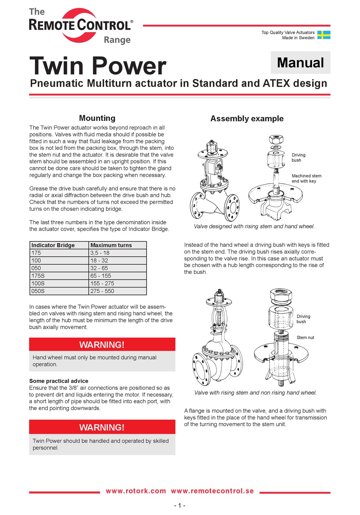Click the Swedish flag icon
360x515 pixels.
[x=324, y=35]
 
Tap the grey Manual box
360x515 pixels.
[x=301, y=63]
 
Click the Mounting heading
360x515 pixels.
[x=97, y=118]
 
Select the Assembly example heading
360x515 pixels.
[x=247, y=118]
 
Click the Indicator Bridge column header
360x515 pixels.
[x=53, y=245]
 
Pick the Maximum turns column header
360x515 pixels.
[x=111, y=245]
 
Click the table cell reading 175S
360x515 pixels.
[x=38, y=276]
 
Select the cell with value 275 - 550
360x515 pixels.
[x=102, y=291]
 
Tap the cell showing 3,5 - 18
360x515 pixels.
[x=100, y=253]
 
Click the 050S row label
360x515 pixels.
[x=38, y=291]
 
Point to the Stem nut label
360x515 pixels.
[x=305, y=338]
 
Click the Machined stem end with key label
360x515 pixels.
[x=306, y=178]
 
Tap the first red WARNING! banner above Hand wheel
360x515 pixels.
[x=102, y=345]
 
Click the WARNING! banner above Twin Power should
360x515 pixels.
[x=102, y=427]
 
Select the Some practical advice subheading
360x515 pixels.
[x=59, y=381]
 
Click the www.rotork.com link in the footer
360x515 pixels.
[x=136, y=491]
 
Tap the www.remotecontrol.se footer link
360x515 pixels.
[x=212, y=491]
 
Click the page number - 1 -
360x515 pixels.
[x=180, y=505]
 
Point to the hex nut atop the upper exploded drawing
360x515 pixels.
[x=276, y=139]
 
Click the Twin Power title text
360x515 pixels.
[x=98, y=66]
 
